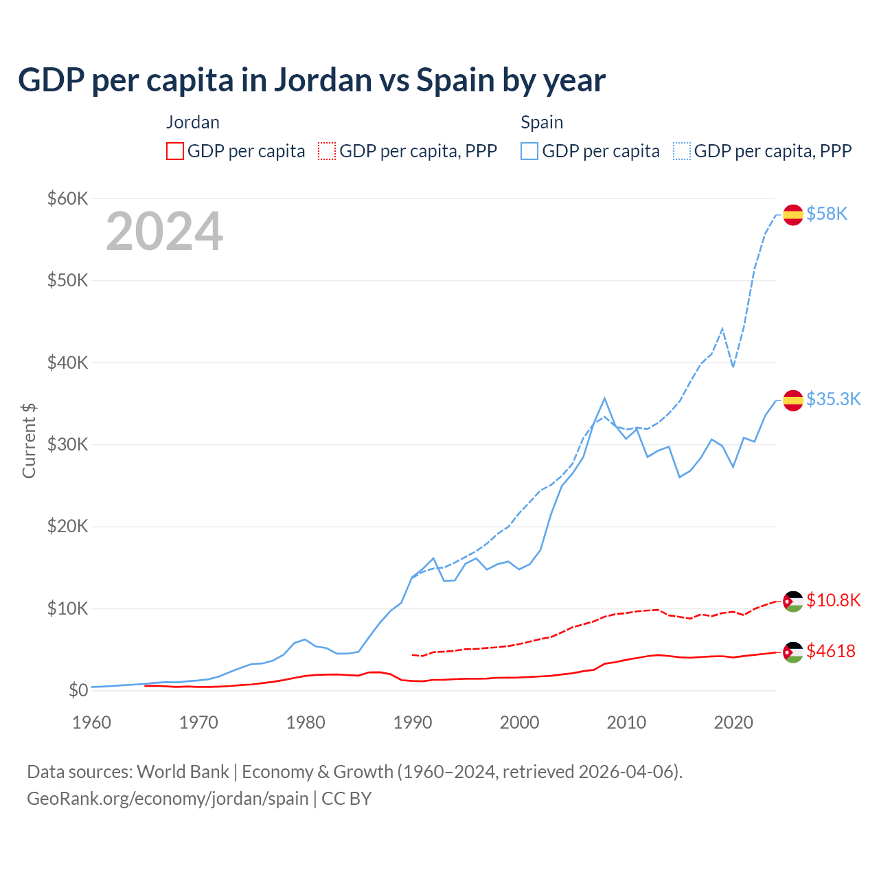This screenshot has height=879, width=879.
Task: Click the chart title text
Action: coord(312,80)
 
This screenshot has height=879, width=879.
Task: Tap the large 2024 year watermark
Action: coord(165,231)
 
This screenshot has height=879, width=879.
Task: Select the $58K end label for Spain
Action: coord(827,214)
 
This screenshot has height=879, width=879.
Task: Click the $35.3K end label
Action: coord(833,399)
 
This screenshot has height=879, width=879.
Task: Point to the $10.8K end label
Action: coord(833,600)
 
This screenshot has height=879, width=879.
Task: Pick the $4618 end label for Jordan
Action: coord(831,651)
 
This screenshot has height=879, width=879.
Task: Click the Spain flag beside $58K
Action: coord(793,214)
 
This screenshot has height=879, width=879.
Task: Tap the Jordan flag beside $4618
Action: coord(793,652)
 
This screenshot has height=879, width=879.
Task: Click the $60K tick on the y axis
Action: coord(67,198)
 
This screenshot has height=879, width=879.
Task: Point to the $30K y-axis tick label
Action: coord(67,444)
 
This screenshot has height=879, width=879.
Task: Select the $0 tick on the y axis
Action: coord(78,690)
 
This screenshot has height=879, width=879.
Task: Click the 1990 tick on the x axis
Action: coord(413,722)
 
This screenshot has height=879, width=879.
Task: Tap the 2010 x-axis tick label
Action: coord(626,722)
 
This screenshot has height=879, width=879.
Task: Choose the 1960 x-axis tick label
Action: coord(92,722)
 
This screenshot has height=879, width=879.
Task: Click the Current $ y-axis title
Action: coord(29,441)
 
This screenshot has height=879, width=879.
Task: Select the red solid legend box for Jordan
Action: coord(175,151)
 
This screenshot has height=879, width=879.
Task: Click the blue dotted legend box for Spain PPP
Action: coord(682,151)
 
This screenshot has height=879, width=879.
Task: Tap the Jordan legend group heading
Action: coord(193,122)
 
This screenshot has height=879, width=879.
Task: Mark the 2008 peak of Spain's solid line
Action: coord(604,398)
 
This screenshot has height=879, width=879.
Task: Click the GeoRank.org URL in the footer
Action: coord(168,799)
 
